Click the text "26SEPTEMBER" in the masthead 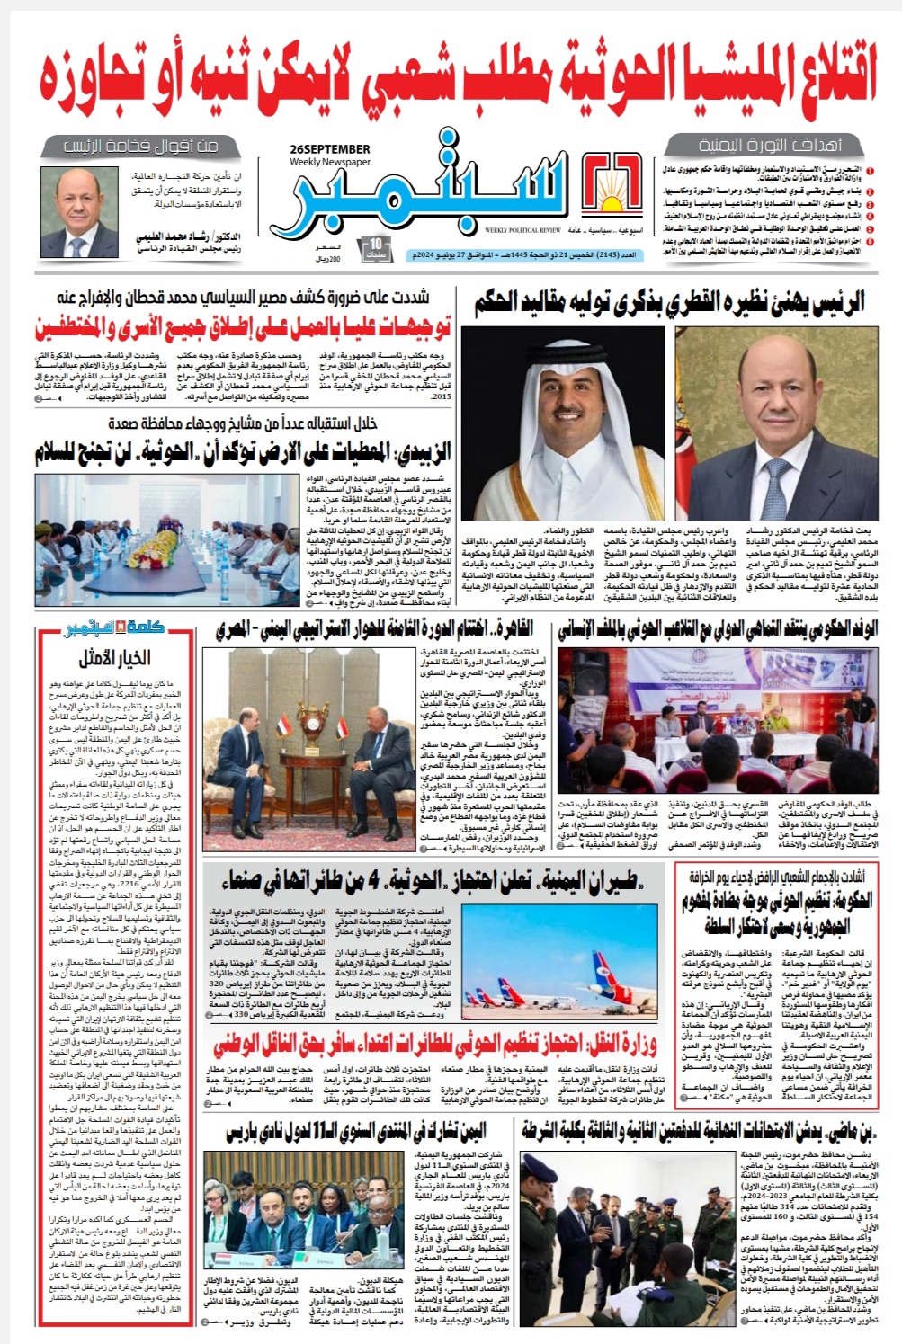[x=330, y=149]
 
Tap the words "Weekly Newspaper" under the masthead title [x=330, y=162]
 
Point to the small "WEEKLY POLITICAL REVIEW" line [x=522, y=230]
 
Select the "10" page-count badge [x=376, y=246]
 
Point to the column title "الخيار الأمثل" [x=114, y=657]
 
